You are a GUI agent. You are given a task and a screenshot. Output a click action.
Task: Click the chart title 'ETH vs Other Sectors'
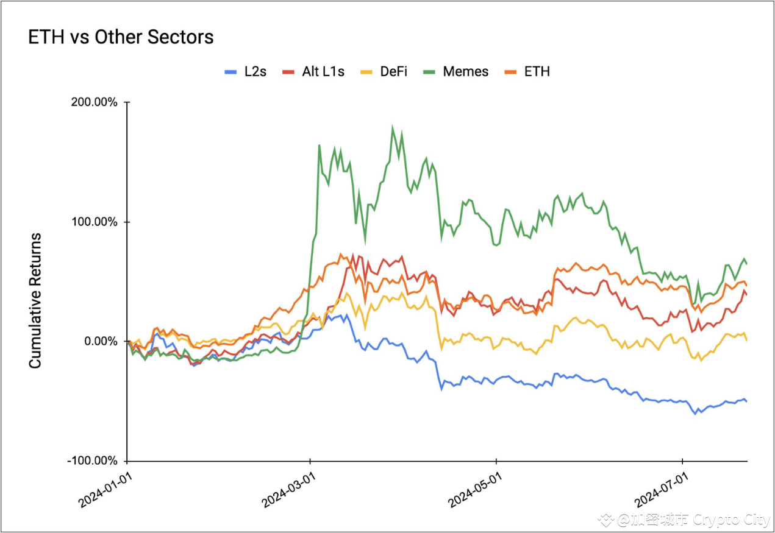(121, 37)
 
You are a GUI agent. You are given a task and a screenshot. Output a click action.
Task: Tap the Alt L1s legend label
(323, 71)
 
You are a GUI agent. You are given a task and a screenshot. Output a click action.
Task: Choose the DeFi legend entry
(393, 71)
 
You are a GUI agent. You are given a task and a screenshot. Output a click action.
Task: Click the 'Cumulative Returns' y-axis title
(35, 300)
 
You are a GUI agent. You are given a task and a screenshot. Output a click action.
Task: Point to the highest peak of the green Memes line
(393, 127)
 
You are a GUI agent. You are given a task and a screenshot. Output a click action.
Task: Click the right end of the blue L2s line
(746, 401)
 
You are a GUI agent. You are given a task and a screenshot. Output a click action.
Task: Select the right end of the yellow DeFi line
(746, 339)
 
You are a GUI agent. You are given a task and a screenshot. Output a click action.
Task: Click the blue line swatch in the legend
(231, 71)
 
